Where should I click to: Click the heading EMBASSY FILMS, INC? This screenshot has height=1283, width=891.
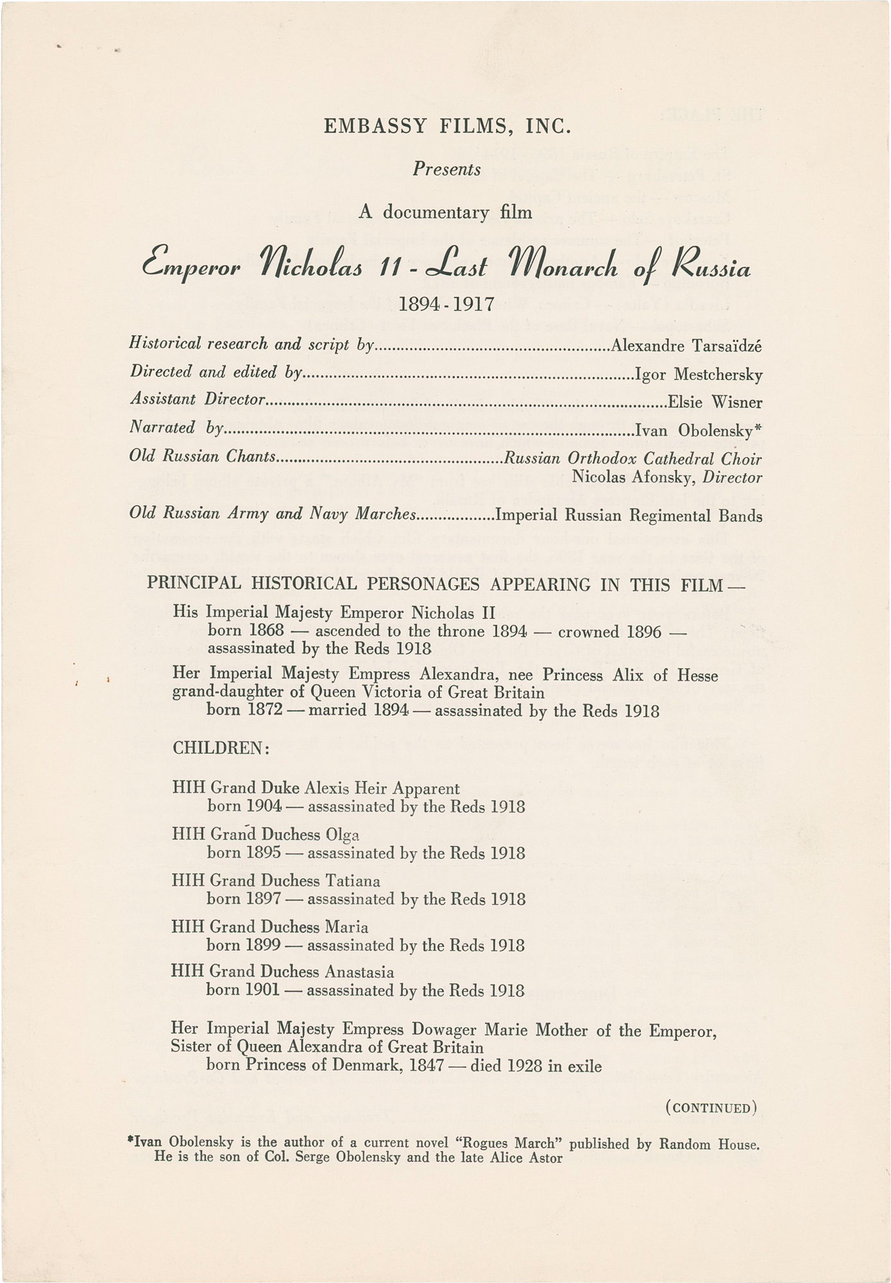pyautogui.click(x=447, y=126)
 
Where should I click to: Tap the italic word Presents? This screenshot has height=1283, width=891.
pyautogui.click(x=446, y=169)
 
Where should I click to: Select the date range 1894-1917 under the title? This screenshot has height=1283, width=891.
pyautogui.click(x=446, y=303)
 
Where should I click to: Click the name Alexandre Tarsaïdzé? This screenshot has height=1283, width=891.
pyautogui.click(x=686, y=346)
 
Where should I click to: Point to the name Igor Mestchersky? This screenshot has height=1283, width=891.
pyautogui.click(x=698, y=374)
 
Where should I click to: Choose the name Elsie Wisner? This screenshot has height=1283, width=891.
pyautogui.click(x=715, y=402)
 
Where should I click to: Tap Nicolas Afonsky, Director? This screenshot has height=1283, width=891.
pyautogui.click(x=666, y=477)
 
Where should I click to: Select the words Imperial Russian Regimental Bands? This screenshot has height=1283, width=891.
pyautogui.click(x=629, y=515)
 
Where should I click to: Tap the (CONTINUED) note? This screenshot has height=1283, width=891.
pyautogui.click(x=712, y=1108)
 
